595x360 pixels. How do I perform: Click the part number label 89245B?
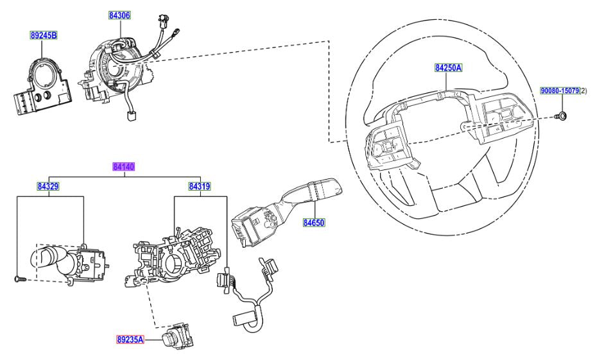point(42,35)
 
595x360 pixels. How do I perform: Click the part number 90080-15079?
point(558,92)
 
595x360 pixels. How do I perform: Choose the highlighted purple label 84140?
point(123,166)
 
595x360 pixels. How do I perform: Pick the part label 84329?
point(47,187)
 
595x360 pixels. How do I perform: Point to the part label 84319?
point(200,187)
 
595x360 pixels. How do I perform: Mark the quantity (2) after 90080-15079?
point(583,92)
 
